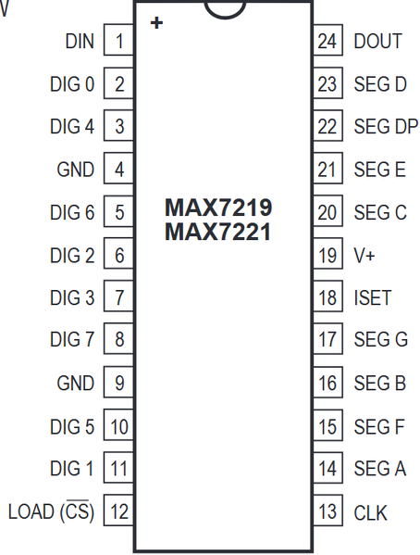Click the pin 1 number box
tap(118, 40)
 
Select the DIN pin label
tap(80, 42)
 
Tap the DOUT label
tap(378, 41)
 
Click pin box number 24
tap(327, 40)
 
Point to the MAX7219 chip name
tap(218, 208)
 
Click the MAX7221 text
tap(217, 232)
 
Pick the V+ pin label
tap(364, 255)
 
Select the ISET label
tap(373, 297)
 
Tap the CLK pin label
tap(370, 512)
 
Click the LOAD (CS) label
tap(51, 511)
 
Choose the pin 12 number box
tap(118, 510)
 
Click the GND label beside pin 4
tap(76, 170)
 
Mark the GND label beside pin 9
tap(76, 383)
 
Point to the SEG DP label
tap(386, 126)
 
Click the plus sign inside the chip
tap(156, 23)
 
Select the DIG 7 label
tap(72, 339)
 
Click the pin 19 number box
tap(327, 254)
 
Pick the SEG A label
tap(380, 469)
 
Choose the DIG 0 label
tap(72, 84)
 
